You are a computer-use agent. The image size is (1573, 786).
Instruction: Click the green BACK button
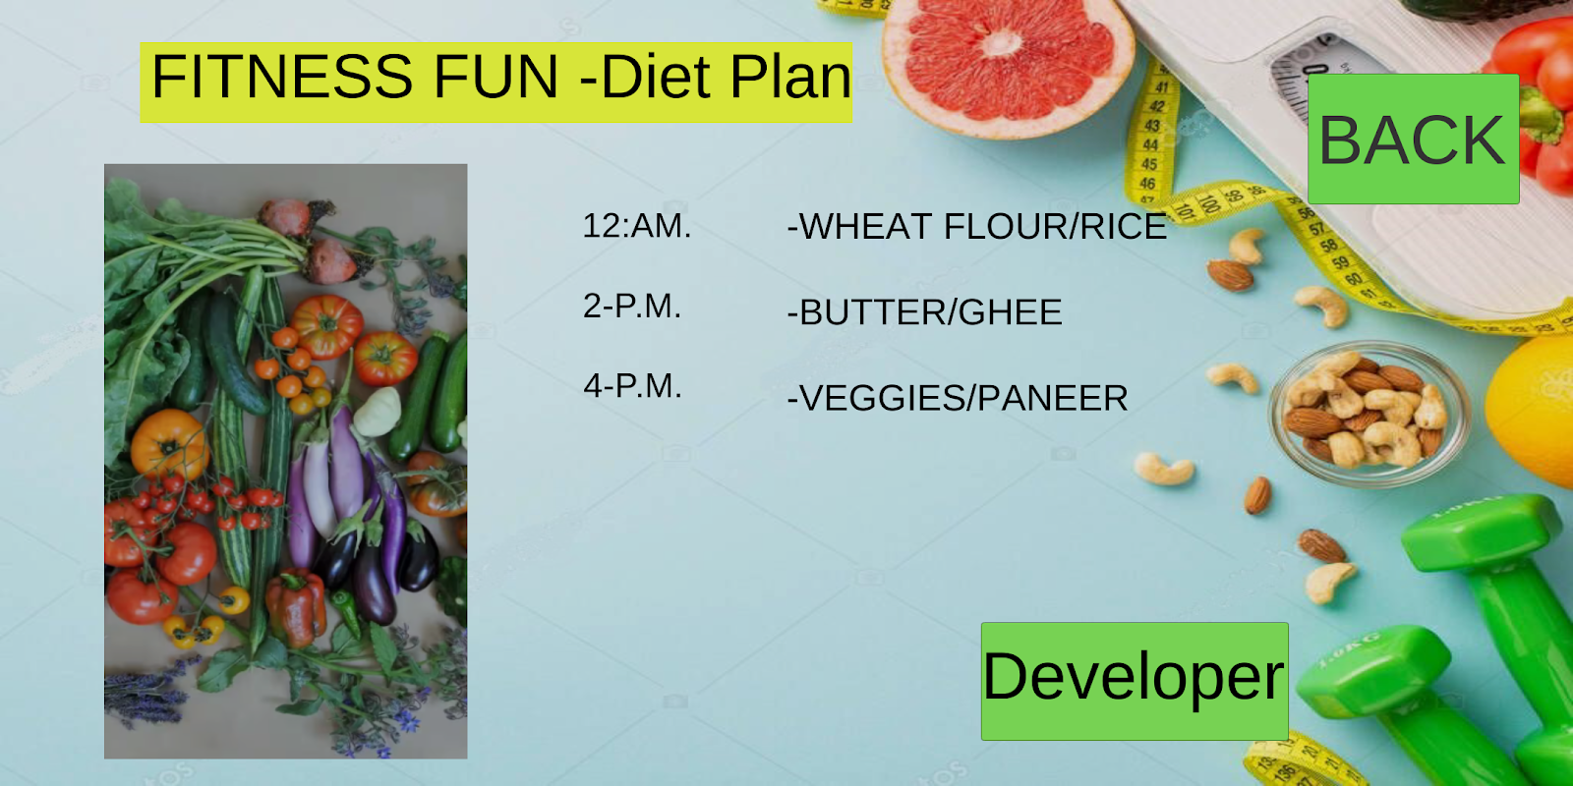point(1413,139)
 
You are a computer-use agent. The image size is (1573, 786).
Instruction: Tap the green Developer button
point(1135,681)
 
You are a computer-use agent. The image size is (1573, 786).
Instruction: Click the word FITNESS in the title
point(282,76)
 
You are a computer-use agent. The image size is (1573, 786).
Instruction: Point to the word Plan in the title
point(790,76)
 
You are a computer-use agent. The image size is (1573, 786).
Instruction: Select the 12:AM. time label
point(637,226)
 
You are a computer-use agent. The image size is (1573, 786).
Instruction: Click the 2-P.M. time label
point(632,306)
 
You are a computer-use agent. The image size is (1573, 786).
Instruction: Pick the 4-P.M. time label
point(632,386)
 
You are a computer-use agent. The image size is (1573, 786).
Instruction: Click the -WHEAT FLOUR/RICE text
point(977,226)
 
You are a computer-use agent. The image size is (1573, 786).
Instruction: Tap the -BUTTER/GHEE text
point(924,312)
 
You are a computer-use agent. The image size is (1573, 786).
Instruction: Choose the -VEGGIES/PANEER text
point(958,398)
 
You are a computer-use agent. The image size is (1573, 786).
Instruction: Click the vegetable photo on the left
point(286,461)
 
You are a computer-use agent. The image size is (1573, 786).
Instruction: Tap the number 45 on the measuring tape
point(1149,164)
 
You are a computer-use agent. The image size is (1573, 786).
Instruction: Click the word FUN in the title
point(495,76)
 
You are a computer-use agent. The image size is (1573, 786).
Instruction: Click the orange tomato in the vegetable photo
point(168,443)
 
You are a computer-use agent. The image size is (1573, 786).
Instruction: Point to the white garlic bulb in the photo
point(378,412)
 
